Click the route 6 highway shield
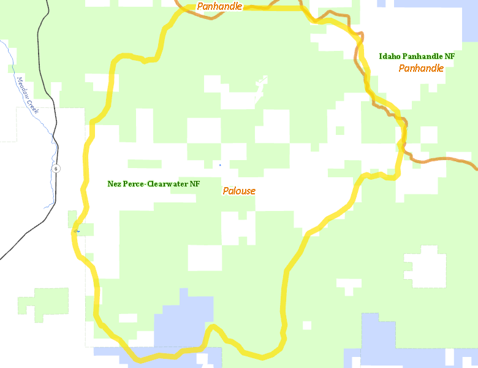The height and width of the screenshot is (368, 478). pos(55,169)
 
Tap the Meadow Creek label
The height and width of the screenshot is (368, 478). pos(28,95)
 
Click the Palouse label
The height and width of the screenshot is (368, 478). pos(239,191)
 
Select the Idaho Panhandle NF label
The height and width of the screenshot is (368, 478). pos(417,56)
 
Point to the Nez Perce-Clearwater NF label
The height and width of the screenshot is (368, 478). pos(154,183)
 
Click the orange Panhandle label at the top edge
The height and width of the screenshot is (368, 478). pos(219,7)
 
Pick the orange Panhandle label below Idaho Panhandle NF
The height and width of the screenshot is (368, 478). pos(421,68)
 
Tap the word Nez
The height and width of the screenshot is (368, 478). pos(114,183)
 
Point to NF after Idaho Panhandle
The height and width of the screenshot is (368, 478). pos(450,56)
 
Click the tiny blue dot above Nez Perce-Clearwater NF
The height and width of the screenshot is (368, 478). pos(220,165)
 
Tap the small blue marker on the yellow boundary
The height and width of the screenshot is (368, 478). pos(77,231)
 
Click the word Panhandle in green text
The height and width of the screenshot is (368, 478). pos(422,56)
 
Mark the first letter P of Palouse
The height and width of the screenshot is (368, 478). pos(226,191)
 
